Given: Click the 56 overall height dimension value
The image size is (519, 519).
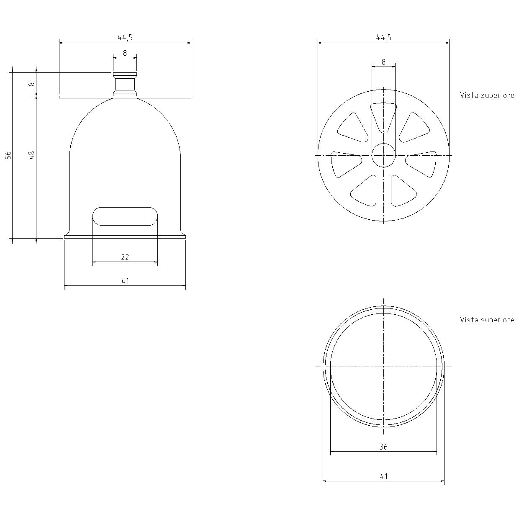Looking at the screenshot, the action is tap(8, 155).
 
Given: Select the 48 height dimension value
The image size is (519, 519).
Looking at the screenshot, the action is tap(32, 155).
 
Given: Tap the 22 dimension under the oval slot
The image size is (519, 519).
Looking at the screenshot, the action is tap(125, 257).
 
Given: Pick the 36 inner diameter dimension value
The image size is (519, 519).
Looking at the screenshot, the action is tap(383, 447).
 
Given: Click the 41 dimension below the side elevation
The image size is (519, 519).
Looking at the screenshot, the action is tap(125, 281).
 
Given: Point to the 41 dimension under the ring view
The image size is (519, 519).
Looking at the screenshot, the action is tap(383, 476).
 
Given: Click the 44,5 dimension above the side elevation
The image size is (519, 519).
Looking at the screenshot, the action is tap(125, 37).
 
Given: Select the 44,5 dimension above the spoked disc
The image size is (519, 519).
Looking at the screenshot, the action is tap(383, 37).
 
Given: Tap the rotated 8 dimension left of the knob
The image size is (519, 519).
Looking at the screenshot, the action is tap(32, 84).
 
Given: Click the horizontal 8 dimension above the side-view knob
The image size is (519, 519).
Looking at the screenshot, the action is tap(125, 53).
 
